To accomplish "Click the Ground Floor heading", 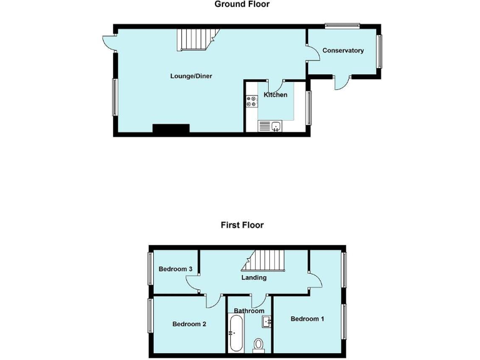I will tap(242, 4).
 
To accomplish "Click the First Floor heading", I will tap(242, 225).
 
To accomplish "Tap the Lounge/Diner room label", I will tap(191, 76).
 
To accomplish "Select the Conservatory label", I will tap(343, 51).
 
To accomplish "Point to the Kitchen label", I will tap(276, 95).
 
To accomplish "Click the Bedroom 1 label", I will tap(307, 319).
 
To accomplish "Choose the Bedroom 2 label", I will tap(189, 324).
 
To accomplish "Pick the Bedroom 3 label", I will tap(175, 269).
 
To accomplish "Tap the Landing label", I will tap(254, 277).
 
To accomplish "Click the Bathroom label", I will tap(249, 311).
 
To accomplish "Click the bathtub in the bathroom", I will tap(236, 333).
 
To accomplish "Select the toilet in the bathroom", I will tap(259, 344).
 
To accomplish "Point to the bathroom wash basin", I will tap(267, 322).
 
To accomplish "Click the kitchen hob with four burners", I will tap(252, 101).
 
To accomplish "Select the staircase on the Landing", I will tap(266, 259).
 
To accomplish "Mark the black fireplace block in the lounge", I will tap(171, 129).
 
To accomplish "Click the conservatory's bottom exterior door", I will tap(341, 81).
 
